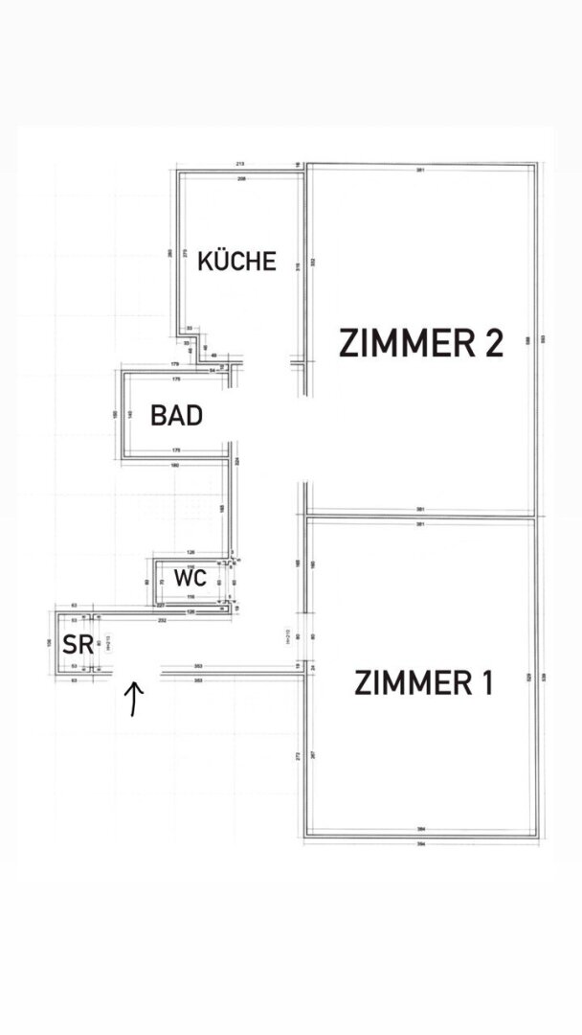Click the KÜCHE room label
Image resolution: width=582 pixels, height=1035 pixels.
click(236, 261)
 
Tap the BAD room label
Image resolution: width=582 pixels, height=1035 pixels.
click(176, 416)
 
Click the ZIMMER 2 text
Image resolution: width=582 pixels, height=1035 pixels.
click(421, 342)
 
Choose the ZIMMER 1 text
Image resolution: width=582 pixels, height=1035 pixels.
click(423, 683)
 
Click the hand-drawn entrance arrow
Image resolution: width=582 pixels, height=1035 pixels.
click(135, 699)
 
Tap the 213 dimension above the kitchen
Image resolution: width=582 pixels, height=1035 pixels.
click(239, 164)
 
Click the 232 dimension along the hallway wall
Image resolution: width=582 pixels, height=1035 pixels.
click(162, 621)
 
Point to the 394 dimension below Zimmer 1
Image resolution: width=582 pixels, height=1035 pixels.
click(421, 843)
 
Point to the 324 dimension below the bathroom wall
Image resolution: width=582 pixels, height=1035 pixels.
click(235, 461)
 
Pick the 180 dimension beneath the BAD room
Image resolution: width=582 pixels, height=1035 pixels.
click(174, 466)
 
